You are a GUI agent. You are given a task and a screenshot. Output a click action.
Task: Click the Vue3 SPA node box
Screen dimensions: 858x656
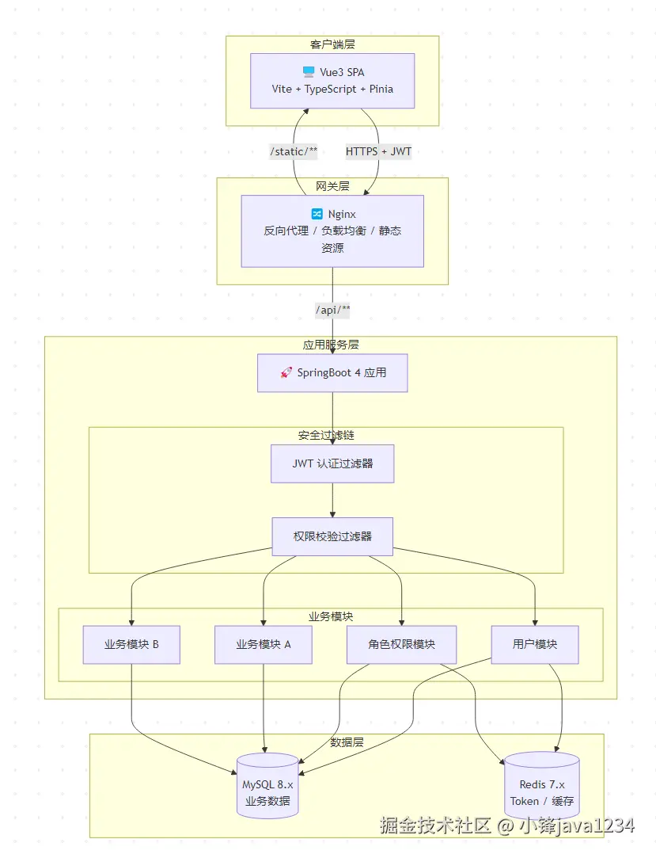pyautogui.click(x=332, y=81)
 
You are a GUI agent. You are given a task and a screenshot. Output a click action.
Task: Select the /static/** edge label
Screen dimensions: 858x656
pyautogui.click(x=294, y=151)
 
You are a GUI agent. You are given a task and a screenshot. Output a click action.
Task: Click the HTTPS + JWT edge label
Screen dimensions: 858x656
pyautogui.click(x=378, y=151)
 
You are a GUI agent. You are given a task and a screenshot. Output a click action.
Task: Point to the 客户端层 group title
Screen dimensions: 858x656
pyautogui.click(x=332, y=44)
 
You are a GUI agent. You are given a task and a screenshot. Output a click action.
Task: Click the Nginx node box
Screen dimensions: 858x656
pyautogui.click(x=332, y=231)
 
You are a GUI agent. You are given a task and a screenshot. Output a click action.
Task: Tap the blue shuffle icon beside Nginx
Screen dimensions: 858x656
pyautogui.click(x=317, y=214)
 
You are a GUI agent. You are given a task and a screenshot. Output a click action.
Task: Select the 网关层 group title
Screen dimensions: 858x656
pyautogui.click(x=332, y=186)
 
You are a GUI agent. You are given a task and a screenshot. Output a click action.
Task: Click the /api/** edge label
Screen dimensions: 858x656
pyautogui.click(x=332, y=310)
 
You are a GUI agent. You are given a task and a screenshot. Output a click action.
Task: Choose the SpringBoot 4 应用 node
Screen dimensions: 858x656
pyautogui.click(x=332, y=372)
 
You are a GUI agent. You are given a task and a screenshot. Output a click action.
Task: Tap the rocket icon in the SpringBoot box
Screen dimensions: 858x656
pyautogui.click(x=286, y=372)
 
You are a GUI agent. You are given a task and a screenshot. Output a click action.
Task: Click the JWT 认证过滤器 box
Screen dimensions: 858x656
pyautogui.click(x=332, y=463)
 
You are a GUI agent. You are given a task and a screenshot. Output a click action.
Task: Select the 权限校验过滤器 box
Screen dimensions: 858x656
pyautogui.click(x=332, y=536)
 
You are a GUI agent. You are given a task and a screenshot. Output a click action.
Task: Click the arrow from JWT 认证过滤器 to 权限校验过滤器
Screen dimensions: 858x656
pyautogui.click(x=332, y=501)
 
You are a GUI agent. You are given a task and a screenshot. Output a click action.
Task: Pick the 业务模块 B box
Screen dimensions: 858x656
pyautogui.click(x=131, y=644)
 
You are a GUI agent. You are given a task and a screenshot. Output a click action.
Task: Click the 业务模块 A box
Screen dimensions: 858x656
pyautogui.click(x=264, y=644)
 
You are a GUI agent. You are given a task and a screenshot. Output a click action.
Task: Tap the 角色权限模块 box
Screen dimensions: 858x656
pyautogui.click(x=401, y=644)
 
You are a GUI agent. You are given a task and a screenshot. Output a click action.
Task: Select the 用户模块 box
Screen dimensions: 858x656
pyautogui.click(x=535, y=644)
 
